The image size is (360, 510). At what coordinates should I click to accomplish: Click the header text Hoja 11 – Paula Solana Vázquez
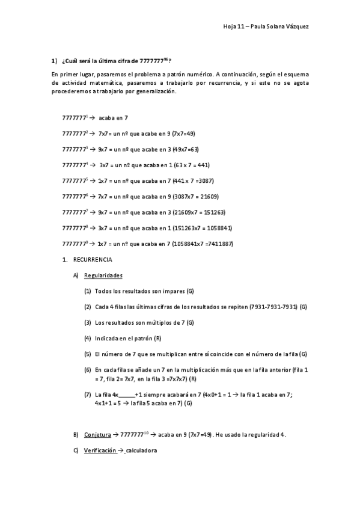pos(266,26)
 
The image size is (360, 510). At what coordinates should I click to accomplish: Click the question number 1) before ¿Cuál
pos(53,60)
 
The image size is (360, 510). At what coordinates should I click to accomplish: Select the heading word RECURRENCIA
pos(93,259)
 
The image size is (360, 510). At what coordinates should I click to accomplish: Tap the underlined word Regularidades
pos(103,275)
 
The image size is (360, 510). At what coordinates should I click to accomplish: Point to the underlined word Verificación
pos(100,450)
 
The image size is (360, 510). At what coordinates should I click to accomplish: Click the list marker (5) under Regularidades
pos(88,354)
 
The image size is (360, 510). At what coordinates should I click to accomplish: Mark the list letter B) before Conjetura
pos(76,434)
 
